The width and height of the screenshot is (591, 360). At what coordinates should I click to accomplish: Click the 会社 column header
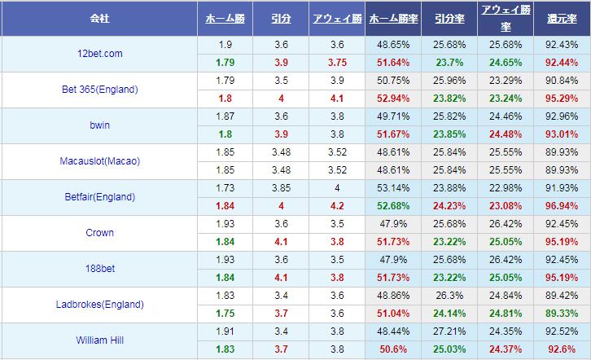pyautogui.click(x=99, y=17)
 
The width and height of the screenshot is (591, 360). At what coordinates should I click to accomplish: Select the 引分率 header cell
pyautogui.click(x=449, y=17)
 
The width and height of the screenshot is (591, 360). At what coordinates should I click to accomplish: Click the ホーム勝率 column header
pyautogui.click(x=393, y=17)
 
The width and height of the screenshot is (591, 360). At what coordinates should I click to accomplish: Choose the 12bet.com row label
pyautogui.click(x=99, y=54)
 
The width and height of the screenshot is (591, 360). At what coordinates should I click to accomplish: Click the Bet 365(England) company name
pyautogui.click(x=99, y=90)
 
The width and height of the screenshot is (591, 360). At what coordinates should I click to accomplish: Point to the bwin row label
pyautogui.click(x=99, y=125)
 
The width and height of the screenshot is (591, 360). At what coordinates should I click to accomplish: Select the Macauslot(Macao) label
pyautogui.click(x=99, y=161)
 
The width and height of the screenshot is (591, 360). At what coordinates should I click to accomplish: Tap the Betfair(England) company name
pyautogui.click(x=99, y=197)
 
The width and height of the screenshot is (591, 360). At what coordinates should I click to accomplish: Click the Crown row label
pyautogui.click(x=99, y=233)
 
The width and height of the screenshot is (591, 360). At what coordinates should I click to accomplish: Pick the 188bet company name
pyautogui.click(x=99, y=269)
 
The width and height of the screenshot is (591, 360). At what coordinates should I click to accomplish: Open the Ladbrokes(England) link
pyautogui.click(x=99, y=305)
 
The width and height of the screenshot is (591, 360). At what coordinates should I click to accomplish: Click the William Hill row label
pyautogui.click(x=99, y=340)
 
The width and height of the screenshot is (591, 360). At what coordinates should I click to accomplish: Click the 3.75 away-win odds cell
pyautogui.click(x=337, y=63)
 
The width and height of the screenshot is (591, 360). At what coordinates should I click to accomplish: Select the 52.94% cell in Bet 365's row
pyautogui.click(x=393, y=99)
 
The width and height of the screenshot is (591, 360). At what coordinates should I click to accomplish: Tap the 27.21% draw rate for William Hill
pyautogui.click(x=449, y=331)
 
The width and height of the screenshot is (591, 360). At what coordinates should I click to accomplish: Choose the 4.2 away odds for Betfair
pyautogui.click(x=337, y=206)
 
